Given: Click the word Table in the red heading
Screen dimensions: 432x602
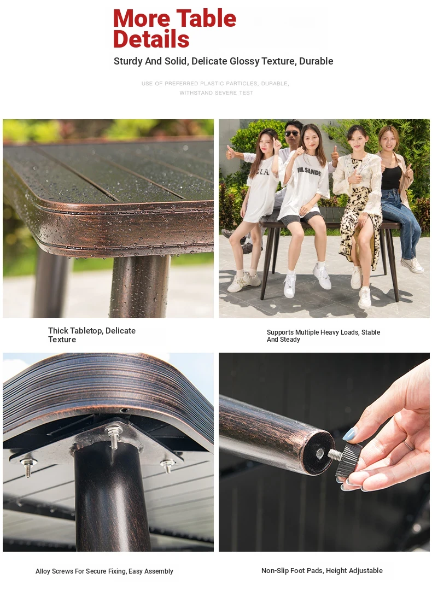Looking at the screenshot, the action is pos(206,18).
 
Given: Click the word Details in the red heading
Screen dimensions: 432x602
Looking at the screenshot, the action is pos(151,39).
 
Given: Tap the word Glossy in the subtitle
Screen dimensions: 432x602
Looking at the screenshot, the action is pos(244,61).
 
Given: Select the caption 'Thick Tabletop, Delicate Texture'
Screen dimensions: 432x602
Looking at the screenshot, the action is pos(92,335).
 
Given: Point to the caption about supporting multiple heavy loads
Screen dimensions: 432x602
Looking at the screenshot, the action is pos(323,336).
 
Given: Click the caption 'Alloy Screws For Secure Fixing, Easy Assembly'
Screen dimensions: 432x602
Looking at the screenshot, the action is pos(104,571).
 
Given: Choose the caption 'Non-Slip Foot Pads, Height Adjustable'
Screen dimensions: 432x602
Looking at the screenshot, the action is pos(322,570).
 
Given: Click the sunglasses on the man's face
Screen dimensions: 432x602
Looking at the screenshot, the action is pos(292,133).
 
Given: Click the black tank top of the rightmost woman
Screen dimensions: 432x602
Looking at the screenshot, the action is pos(391,177).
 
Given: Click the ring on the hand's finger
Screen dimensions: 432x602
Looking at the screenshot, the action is pos(408,446).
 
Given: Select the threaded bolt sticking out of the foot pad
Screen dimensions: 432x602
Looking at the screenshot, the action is pos(335,455).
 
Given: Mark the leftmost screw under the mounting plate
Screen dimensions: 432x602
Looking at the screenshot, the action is pos(27,466).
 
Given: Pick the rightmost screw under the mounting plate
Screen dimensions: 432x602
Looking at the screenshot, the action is pos(167,466).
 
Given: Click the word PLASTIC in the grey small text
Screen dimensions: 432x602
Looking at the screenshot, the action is pos(213,83).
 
